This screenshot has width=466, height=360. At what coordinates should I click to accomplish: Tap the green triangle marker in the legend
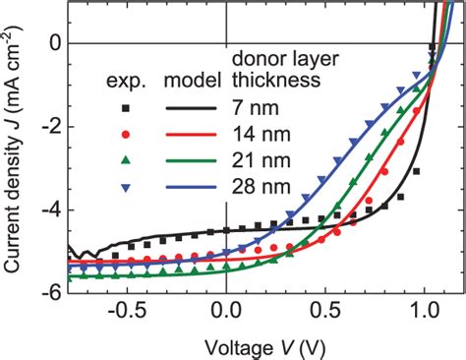point(124,157)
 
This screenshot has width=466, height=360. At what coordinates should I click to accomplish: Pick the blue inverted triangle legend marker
point(124,185)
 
